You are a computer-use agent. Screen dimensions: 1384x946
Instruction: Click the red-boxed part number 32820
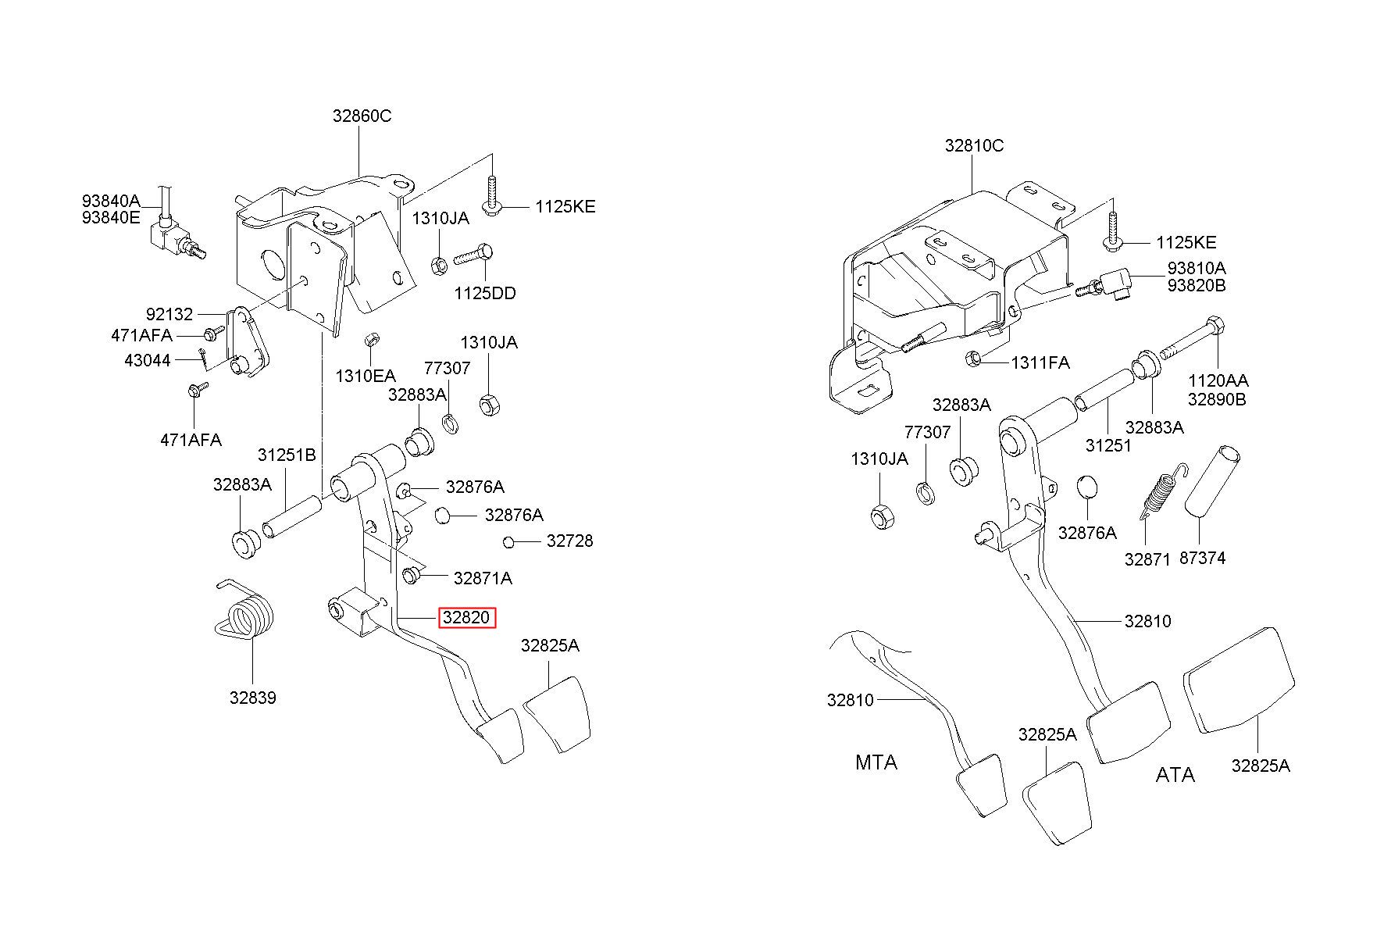[x=466, y=618]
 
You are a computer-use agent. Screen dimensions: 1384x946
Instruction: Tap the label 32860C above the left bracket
[x=362, y=116]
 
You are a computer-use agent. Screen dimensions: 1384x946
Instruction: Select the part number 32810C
[x=974, y=145]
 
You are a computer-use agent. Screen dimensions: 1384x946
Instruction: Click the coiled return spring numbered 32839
[x=245, y=614]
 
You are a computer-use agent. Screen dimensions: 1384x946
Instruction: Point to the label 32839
[x=252, y=698]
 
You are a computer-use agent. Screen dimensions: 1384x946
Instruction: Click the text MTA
[x=876, y=762]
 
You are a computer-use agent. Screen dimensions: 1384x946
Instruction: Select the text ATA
[x=1175, y=775]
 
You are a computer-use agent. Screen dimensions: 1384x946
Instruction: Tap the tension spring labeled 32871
[x=1161, y=492]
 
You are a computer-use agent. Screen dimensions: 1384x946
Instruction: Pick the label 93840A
[x=111, y=202]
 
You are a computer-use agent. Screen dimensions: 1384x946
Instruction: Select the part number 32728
[x=569, y=541]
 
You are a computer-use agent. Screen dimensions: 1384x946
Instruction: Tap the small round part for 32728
[x=508, y=541]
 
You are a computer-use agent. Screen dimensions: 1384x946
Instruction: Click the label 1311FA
[x=1040, y=362]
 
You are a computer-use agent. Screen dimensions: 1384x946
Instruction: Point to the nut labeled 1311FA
[x=973, y=359]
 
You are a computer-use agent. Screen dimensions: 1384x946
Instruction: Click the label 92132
[x=169, y=315]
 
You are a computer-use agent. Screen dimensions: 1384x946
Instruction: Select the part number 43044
[x=147, y=361]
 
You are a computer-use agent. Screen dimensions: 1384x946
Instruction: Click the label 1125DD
[x=485, y=294]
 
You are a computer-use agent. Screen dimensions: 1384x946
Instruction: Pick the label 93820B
[x=1197, y=286]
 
